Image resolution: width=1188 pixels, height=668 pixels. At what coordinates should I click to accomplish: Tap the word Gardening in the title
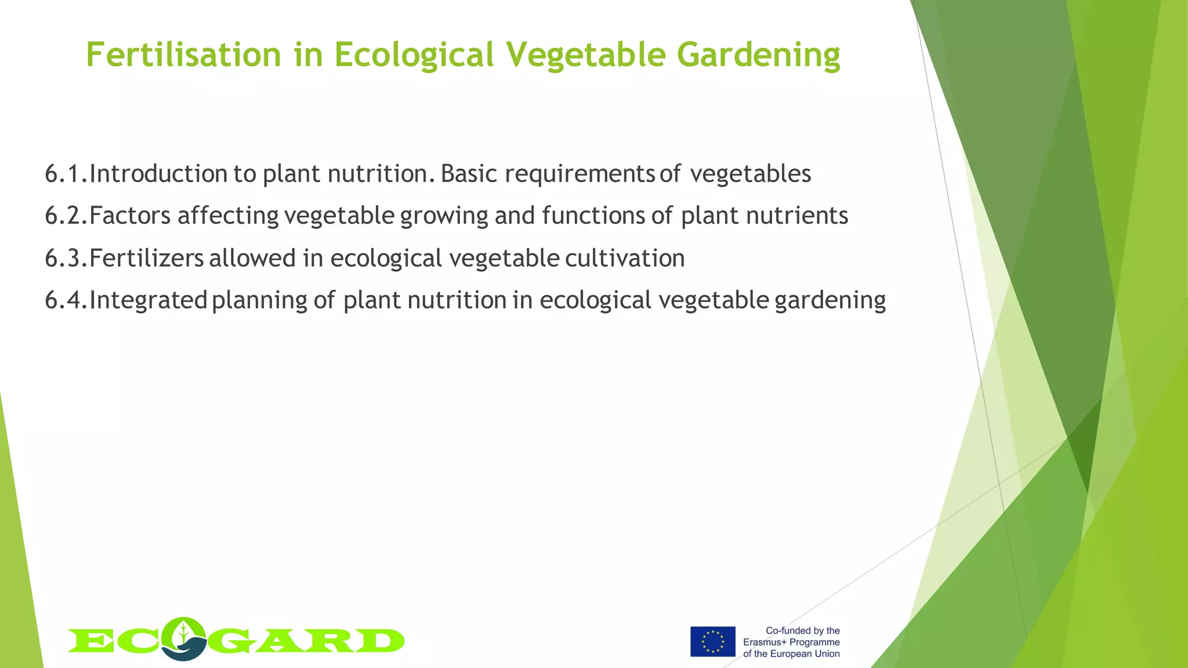point(758,56)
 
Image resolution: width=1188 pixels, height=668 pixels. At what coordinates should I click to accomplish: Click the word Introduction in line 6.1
point(158,174)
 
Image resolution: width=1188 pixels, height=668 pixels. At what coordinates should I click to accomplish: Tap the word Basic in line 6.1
point(469,174)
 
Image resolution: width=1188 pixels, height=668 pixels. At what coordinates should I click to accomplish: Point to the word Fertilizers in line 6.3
point(146,258)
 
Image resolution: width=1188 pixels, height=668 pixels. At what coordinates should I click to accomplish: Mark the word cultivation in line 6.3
point(625,258)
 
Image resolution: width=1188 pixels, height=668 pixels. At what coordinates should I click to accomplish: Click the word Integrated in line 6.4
point(148,300)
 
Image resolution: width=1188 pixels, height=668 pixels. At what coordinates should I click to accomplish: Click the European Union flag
point(712,641)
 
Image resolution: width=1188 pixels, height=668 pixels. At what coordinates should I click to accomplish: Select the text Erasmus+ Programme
point(791,642)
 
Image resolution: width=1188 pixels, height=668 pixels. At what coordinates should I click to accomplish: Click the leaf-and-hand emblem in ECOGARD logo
point(184,638)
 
